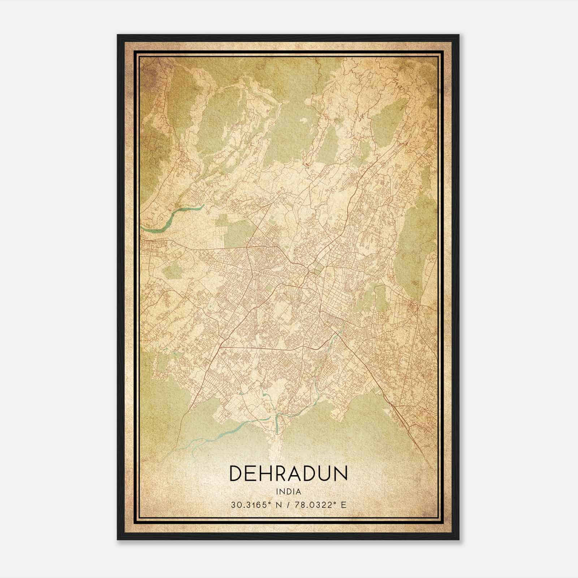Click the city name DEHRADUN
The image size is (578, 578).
click(x=288, y=474)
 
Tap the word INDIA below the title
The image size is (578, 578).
click(x=288, y=492)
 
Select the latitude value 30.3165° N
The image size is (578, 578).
click(x=252, y=505)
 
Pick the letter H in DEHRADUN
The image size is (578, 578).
click(x=267, y=474)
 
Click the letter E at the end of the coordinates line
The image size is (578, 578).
click(x=344, y=505)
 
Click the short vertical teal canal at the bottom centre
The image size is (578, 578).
click(x=277, y=424)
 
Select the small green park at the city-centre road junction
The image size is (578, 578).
click(x=316, y=268)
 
